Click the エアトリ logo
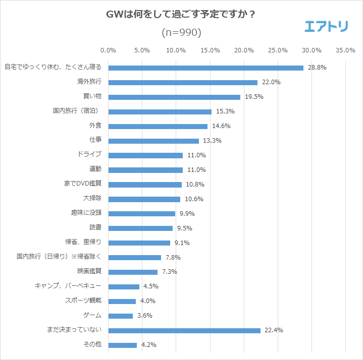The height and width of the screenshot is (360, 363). click(326, 26)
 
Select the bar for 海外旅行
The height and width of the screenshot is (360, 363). click(183, 82)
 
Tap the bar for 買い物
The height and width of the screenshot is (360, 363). click(174, 97)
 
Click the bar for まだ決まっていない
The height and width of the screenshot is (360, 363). click(184, 330)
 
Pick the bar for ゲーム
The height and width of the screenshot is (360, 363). click(121, 316)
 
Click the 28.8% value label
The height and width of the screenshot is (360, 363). click(318, 68)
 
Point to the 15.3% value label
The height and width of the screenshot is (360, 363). click(225, 111)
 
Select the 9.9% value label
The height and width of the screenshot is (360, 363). click(187, 214)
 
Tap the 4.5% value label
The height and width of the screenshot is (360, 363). click(150, 286)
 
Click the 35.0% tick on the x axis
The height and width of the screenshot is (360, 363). click(345, 50)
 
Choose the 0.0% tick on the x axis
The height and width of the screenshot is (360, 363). click(109, 50)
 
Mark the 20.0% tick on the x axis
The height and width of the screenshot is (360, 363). click(244, 50)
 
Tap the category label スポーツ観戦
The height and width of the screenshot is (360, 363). click(83, 301)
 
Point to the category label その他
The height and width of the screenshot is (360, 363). click(92, 345)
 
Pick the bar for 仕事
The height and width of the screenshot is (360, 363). click(153, 141)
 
